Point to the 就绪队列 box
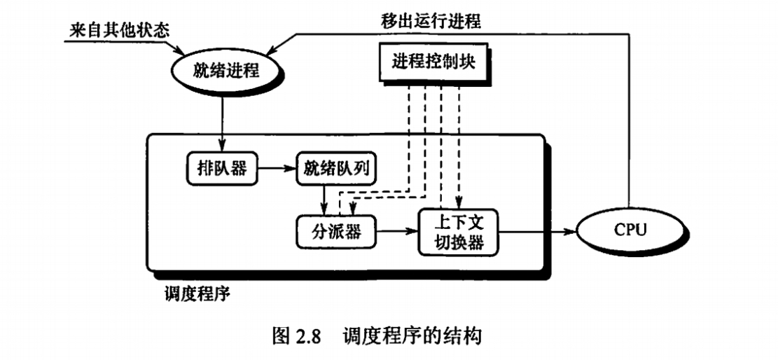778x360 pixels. point(331,168)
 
